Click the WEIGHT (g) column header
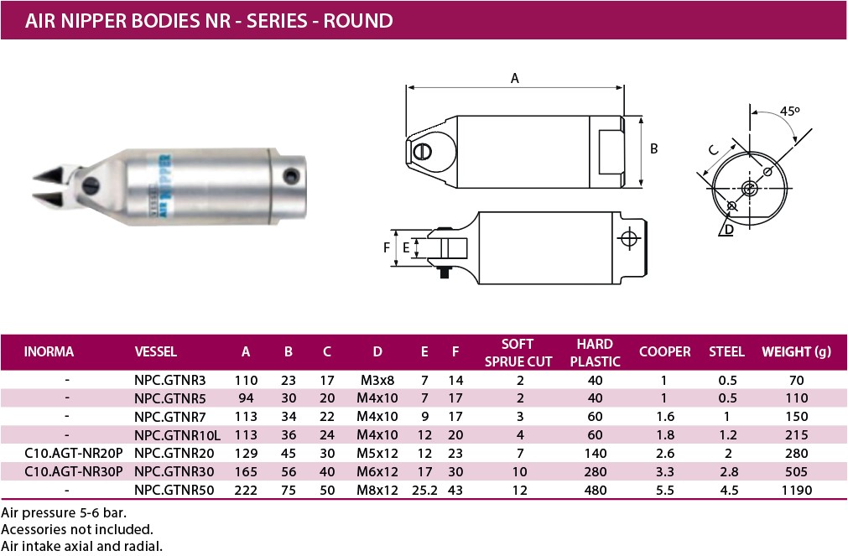pos(796,351)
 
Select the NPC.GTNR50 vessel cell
pos(174,490)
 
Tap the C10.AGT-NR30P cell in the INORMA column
pos(74,471)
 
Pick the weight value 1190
pos(797,490)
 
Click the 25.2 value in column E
pos(424,490)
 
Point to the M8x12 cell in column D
pos(377,490)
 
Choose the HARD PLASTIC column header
pos(595,353)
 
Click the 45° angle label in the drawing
pos(789,111)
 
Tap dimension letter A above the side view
pos(515,79)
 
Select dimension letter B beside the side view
pos(654,148)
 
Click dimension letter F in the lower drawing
pos(387,247)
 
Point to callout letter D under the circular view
pos(729,229)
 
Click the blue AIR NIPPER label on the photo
pos(165,185)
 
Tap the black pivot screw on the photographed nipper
pos(91,185)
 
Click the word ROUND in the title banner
pos(358,21)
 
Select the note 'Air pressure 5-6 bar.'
pos(64,512)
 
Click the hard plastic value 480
pos(595,490)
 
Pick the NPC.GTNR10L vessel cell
pos(177,435)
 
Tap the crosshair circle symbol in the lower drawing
pos(628,238)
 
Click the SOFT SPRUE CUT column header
pos(518,353)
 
